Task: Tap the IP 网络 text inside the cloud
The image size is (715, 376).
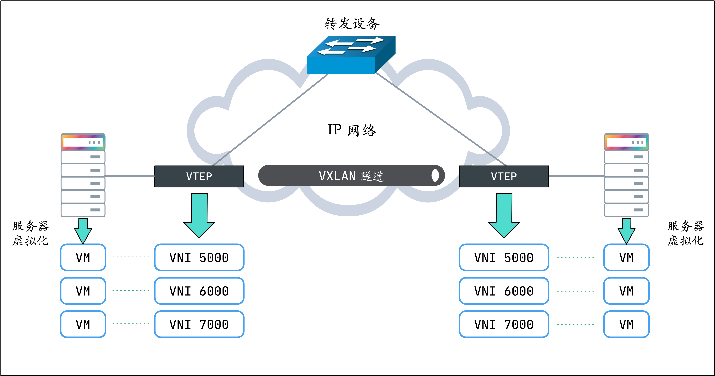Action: [x=352, y=130]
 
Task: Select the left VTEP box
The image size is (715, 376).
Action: [x=199, y=176]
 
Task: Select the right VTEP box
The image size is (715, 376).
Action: [x=504, y=176]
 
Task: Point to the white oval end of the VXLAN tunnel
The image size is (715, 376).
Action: [x=435, y=175]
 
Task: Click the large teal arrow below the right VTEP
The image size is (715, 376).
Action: [x=504, y=215]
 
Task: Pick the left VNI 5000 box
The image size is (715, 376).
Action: [x=199, y=257]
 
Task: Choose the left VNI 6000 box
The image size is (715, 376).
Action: [x=199, y=291]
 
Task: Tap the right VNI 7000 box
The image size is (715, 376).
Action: [x=504, y=324]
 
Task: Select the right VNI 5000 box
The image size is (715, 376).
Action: [x=504, y=257]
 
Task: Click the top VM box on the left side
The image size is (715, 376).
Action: [x=83, y=257]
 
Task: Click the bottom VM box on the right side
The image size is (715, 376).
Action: [x=627, y=324]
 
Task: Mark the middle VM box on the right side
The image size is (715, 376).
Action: [x=627, y=291]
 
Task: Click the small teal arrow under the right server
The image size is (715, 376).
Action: [x=627, y=230]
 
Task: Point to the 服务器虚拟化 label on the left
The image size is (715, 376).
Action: [x=31, y=233]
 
